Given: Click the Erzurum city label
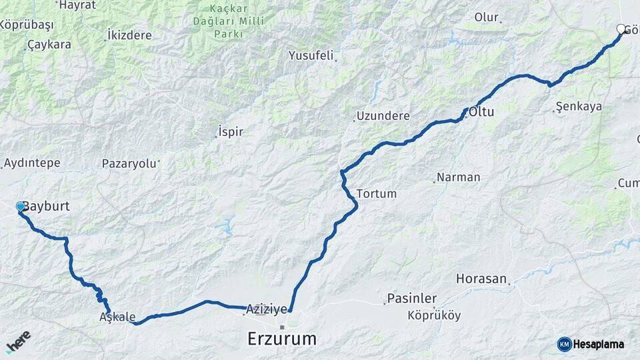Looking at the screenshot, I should pos(281,339).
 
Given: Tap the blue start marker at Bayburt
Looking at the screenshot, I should pos(20,207).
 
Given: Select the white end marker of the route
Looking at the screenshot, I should pos(621,29).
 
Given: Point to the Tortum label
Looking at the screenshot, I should pos(377,194).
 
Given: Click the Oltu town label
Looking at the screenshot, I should pos(481,112).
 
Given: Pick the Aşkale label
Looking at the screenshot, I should pos(117,317).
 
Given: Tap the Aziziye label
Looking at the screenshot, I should pos(267,309).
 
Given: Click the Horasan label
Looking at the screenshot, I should pos(481,279).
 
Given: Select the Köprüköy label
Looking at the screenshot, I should pos(434,315).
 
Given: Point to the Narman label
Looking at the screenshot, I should pos(458,177).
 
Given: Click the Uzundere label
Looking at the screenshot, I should pos(383,116).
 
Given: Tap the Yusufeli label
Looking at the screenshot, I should pos(311,55).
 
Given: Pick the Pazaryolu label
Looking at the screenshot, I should pos(129,163).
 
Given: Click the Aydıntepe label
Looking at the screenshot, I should pos(32,163).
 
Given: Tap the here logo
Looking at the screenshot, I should pos(19,341).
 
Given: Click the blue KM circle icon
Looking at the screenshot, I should pos(565,344).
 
